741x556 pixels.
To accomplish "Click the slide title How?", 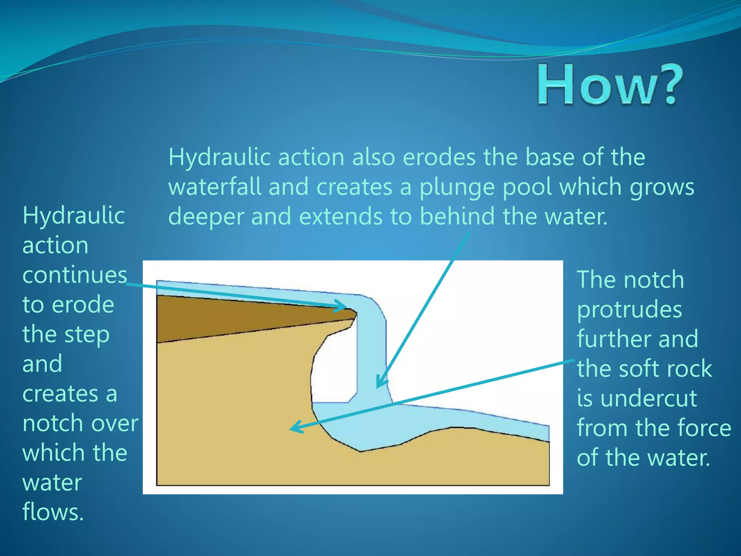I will coord(610,84).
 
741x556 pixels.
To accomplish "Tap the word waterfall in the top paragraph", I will coord(216,187).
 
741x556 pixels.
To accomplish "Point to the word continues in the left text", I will coord(75,275).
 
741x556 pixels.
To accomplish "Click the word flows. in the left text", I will coord(53,512).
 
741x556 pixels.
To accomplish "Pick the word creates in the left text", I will coord(60,394).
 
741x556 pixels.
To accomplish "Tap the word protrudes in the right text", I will coord(630,310).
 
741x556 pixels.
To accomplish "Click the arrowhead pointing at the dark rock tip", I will coord(342,306).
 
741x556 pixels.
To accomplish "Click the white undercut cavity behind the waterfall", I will coord(333,373).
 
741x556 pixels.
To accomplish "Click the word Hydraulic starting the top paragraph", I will coord(220,157).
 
